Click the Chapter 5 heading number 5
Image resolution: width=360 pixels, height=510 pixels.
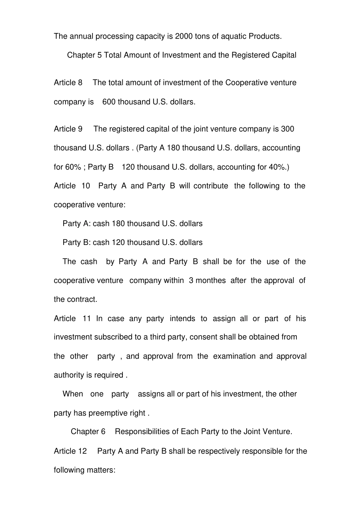tap(99, 55)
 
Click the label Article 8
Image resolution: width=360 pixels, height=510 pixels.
tap(68, 83)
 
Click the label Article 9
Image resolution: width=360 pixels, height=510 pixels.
tap(68, 129)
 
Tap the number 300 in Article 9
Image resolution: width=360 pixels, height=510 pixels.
tap(288, 129)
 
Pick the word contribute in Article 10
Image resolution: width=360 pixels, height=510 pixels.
tap(211, 186)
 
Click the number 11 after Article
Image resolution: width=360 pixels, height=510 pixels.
tap(87, 319)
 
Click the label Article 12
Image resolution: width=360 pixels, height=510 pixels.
tap(70, 451)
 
